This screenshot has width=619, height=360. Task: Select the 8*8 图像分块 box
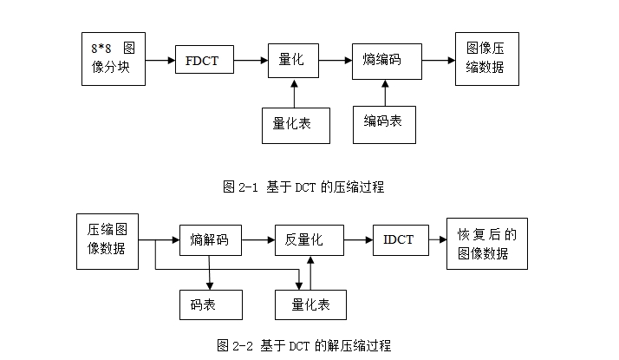[x=113, y=59]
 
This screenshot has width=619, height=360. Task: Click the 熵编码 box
[x=387, y=61]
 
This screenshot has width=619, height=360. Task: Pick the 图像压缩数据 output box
[x=486, y=59]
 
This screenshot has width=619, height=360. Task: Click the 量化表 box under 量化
[x=296, y=124]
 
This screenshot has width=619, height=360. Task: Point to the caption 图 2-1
[x=303, y=187]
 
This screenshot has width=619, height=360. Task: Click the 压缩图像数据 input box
[x=108, y=240]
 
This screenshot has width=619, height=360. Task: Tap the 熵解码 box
[x=210, y=239]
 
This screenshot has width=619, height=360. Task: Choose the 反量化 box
[x=309, y=239]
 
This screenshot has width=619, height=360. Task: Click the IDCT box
[x=400, y=239]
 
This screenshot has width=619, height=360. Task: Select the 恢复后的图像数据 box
[x=486, y=243]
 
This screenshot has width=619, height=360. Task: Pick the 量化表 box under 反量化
[x=309, y=304]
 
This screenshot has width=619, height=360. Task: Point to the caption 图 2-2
[x=303, y=346]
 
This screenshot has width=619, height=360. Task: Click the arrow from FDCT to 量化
[x=251, y=61]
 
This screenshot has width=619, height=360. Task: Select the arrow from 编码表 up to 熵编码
[x=384, y=93]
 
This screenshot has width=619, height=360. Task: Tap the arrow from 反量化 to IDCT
[x=358, y=239]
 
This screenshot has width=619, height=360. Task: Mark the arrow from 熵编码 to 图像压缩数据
[x=439, y=61]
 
